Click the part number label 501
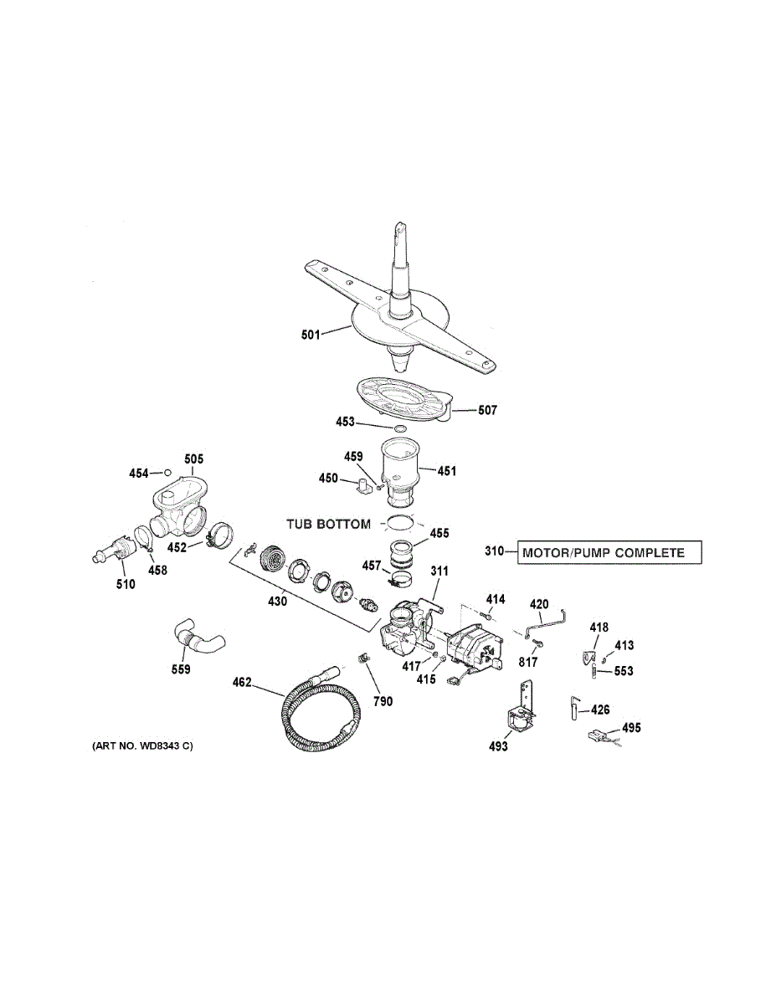(x=311, y=336)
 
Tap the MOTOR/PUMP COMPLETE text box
(x=609, y=552)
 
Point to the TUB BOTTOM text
(x=328, y=525)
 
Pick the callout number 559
(x=180, y=668)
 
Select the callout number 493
(x=498, y=746)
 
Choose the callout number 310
(x=496, y=552)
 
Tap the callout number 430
(x=275, y=601)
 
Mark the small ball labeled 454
(x=167, y=473)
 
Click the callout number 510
(x=125, y=584)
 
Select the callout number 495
(x=631, y=729)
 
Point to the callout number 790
(x=382, y=701)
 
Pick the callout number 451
(x=446, y=470)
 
